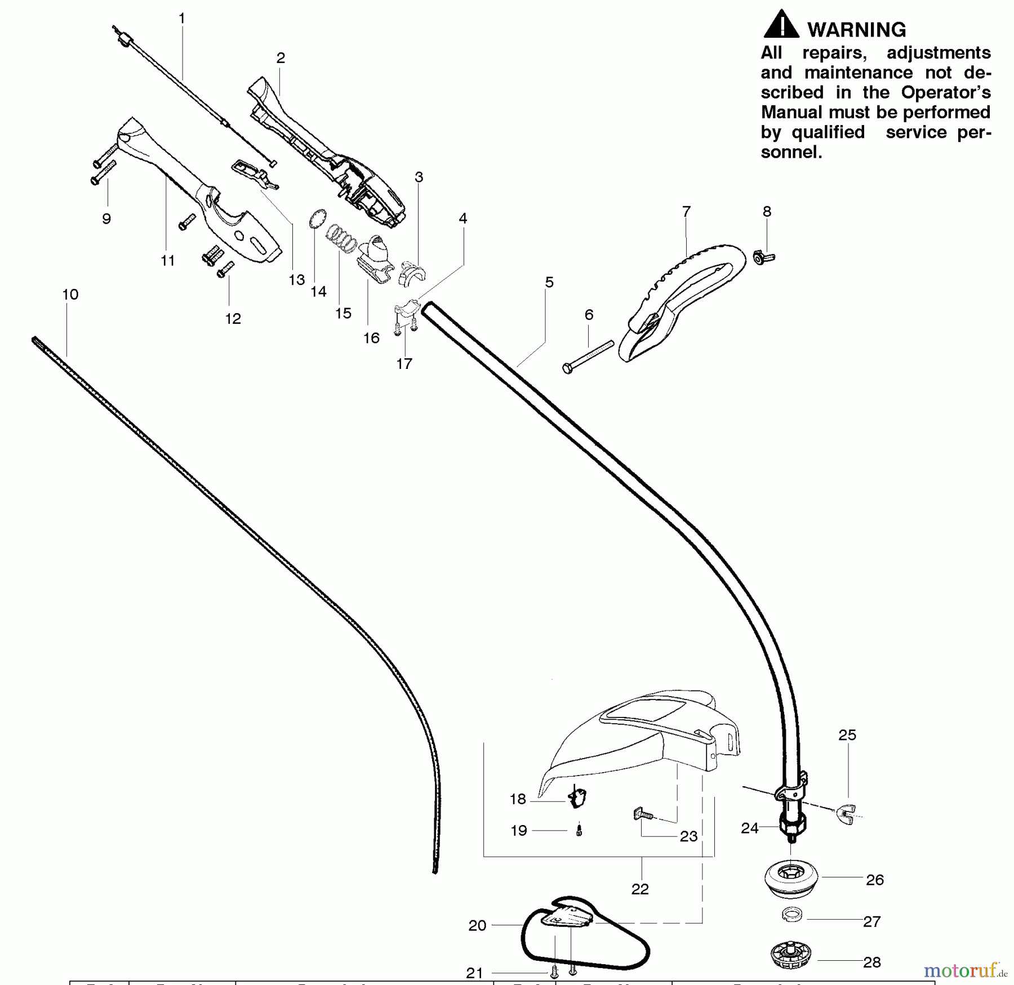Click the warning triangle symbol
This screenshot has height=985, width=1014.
[781, 25]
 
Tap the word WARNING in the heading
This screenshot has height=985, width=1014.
[856, 30]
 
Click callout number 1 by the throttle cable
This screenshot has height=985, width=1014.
[181, 19]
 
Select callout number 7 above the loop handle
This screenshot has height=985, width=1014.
[686, 212]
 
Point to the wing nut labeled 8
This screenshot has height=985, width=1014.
[763, 258]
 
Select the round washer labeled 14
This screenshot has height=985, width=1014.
[318, 219]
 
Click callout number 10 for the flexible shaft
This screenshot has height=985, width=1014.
[70, 294]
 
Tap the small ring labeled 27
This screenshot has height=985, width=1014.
[792, 915]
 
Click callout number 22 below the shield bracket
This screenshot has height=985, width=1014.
[640, 889]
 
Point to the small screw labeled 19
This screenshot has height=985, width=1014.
[579, 830]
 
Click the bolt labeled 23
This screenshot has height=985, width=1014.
[642, 814]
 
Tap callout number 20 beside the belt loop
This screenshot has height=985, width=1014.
[477, 925]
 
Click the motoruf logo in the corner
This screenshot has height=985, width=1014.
[964, 970]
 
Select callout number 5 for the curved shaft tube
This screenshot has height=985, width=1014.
[549, 282]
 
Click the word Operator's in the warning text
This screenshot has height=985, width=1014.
[945, 92]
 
